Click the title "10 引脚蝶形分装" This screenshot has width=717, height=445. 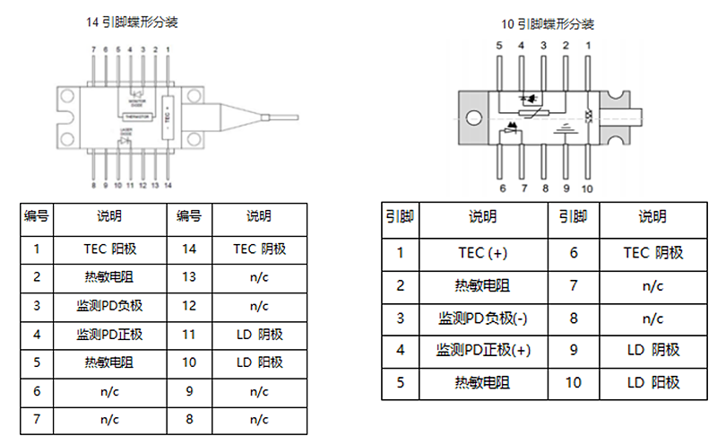(x=546, y=23)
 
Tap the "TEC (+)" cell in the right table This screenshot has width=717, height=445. (x=481, y=253)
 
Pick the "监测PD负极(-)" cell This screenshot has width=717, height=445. (x=481, y=318)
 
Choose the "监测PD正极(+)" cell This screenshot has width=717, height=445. (x=481, y=350)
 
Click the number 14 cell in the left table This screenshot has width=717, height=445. (x=188, y=249)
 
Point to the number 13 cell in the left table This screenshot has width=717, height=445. (x=188, y=277)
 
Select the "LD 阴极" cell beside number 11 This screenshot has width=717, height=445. (x=259, y=335)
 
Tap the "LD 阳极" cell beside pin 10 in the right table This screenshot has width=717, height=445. (x=652, y=382)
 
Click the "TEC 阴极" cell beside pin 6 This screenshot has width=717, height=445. (x=652, y=253)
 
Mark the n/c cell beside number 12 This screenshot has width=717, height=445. (x=259, y=306)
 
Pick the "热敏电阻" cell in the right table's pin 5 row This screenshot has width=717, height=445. (x=481, y=382)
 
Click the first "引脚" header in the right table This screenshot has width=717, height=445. (x=400, y=216)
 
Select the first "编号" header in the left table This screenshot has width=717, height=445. (x=37, y=216)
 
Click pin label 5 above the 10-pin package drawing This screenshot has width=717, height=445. (x=500, y=45)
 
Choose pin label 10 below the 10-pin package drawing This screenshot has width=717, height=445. (x=587, y=188)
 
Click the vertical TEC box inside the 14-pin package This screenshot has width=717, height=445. (x=168, y=116)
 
